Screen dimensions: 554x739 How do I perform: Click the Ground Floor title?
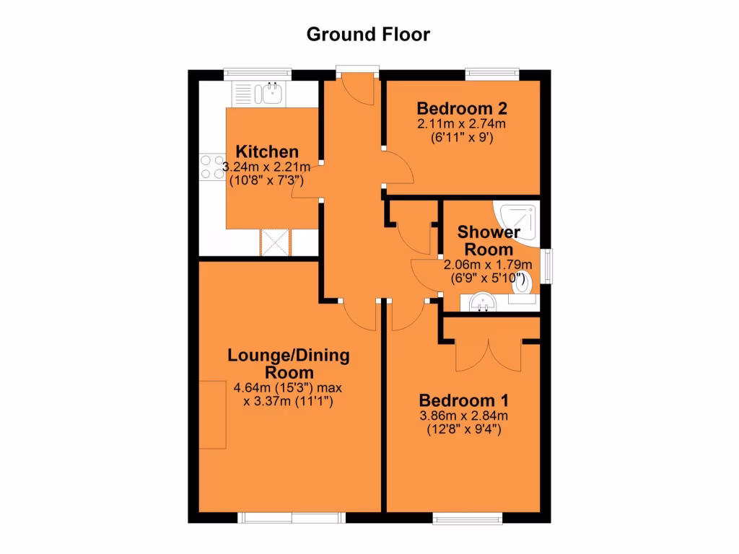[368, 34]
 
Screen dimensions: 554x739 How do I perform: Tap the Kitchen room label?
[268, 151]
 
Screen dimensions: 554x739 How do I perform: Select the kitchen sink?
[272, 93]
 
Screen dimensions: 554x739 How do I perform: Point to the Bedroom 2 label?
[462, 109]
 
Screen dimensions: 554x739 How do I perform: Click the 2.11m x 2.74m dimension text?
[462, 124]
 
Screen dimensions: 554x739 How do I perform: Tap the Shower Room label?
[489, 241]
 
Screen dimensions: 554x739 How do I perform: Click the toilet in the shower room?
[522, 283]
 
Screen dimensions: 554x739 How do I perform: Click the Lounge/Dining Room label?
[289, 364]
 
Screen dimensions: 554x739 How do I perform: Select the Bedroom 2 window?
[492, 74]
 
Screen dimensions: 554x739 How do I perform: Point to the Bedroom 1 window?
[468, 517]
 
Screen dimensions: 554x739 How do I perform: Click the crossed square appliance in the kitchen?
[275, 242]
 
